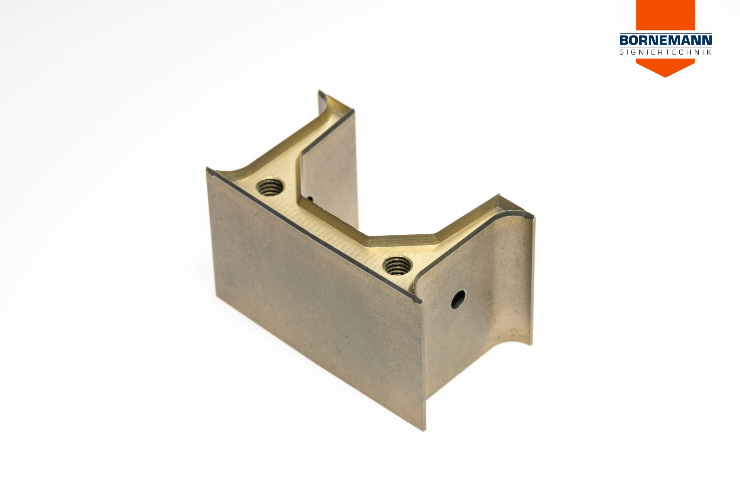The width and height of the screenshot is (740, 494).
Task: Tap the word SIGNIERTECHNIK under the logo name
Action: click(665, 52)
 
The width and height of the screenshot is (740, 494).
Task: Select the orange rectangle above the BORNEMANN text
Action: click(665, 15)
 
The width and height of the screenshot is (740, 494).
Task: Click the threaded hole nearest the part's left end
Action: click(270, 187)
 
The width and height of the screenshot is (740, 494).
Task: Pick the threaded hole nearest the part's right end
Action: click(397, 265)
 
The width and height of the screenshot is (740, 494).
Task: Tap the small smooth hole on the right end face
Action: click(458, 300)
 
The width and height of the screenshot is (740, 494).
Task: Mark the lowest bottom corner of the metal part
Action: click(424, 430)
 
